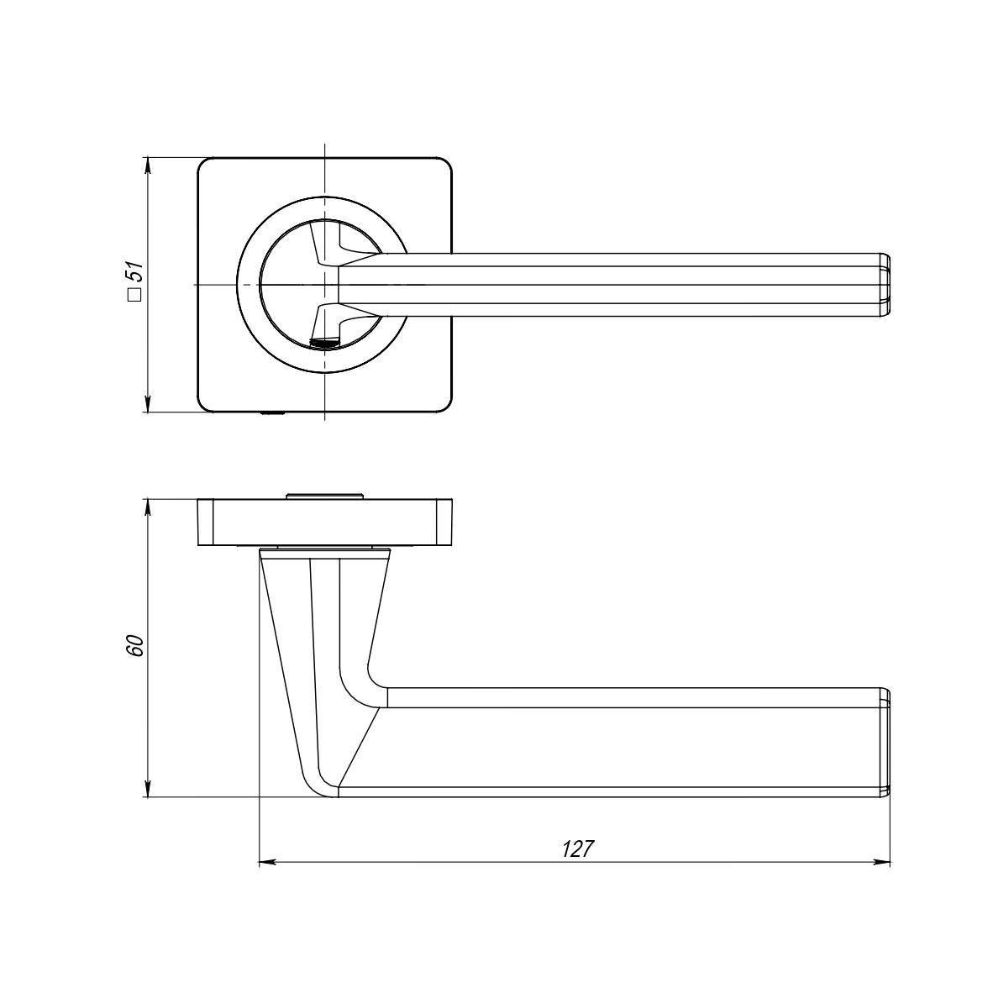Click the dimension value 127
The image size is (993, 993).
[x=577, y=849]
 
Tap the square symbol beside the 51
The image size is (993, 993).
[x=134, y=295]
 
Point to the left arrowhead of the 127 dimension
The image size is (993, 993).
[x=267, y=862]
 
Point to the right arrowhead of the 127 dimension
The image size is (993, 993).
[x=882, y=862]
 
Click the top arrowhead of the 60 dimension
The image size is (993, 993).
[x=148, y=508]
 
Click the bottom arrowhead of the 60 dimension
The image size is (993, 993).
[x=148, y=789]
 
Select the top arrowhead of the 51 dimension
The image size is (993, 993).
[x=148, y=166]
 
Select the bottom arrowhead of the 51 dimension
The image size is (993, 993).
[x=148, y=403]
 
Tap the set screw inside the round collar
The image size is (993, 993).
[x=324, y=344]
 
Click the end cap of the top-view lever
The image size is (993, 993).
[x=885, y=285]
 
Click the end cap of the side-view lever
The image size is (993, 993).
[x=885, y=742]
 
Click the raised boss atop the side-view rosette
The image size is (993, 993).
[x=325, y=495]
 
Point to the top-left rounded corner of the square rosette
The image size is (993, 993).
[x=205, y=165]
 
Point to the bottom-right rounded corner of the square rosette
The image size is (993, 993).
[x=444, y=405]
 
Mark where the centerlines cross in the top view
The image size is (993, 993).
[x=324, y=285]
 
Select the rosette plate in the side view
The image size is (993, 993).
[x=325, y=523]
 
